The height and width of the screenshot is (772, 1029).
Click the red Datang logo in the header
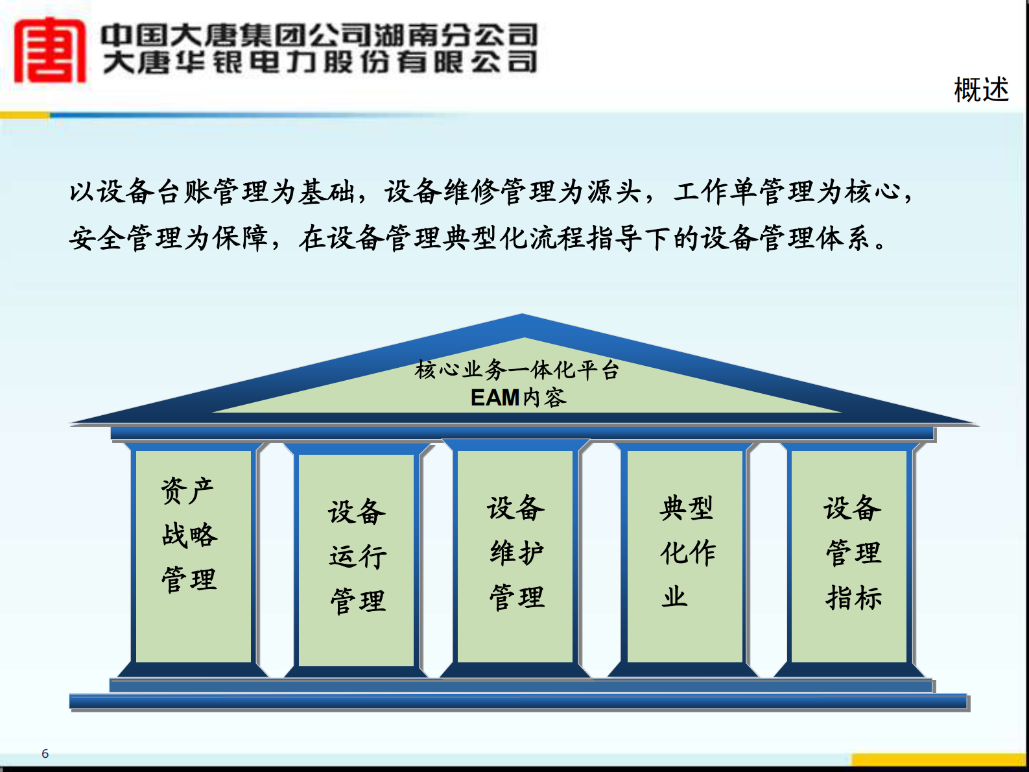point(50,51)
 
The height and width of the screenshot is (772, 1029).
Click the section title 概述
point(981,90)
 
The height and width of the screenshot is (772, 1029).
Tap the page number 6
point(45,753)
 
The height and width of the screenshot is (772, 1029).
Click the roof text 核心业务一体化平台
point(517,370)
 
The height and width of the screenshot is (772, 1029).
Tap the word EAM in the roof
point(495,398)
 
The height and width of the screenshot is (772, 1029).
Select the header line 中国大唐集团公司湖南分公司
point(320,34)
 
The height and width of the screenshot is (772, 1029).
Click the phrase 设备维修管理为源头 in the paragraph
point(512,192)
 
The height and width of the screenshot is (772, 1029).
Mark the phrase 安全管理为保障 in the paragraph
point(168,239)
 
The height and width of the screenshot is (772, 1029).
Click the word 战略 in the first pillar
point(189,535)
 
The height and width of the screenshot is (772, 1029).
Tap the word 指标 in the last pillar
point(853,597)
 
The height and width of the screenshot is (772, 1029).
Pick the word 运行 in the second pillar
point(357,557)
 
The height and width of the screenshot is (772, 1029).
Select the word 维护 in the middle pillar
point(517,553)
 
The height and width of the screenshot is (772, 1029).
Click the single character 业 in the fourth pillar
point(674,596)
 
